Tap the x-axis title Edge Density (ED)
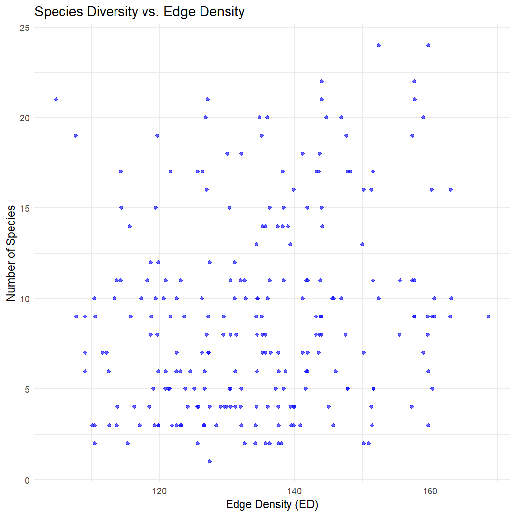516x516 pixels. click(x=273, y=505)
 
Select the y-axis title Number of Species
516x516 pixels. click(x=12, y=254)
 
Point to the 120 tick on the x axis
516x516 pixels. click(x=159, y=490)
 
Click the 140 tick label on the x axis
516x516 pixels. click(x=294, y=490)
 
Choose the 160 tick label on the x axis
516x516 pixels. click(x=430, y=490)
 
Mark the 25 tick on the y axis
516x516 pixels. click(x=25, y=28)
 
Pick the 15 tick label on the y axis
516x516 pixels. click(x=25, y=208)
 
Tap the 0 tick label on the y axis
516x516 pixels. click(x=27, y=480)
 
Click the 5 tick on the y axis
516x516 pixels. click(x=27, y=389)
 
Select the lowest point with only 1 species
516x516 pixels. click(x=210, y=461)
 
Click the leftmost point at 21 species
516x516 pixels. click(x=56, y=99)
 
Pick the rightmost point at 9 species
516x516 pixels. click(x=488, y=316)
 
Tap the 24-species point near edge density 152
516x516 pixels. click(x=379, y=45)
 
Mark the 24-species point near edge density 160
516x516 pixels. click(x=428, y=45)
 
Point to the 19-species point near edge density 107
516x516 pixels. click(x=76, y=136)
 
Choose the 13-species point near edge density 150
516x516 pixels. click(x=362, y=244)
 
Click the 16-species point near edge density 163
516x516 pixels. click(x=450, y=190)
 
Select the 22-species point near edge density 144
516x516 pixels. click(x=322, y=81)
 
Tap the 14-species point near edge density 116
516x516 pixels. click(x=130, y=226)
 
